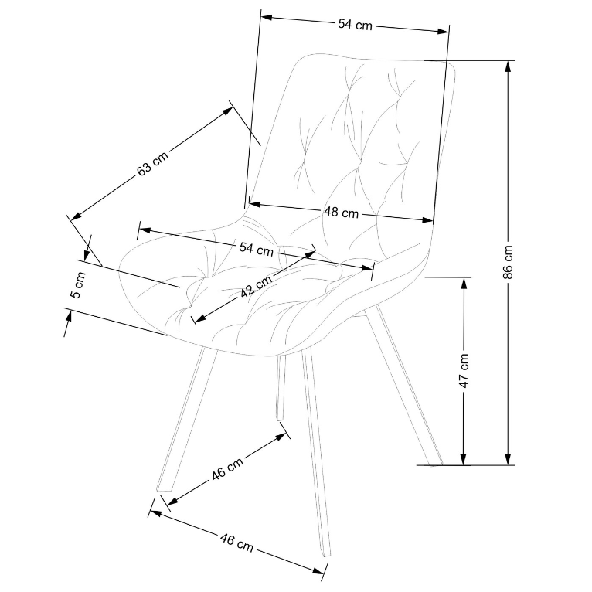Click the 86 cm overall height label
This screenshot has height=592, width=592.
click(x=509, y=262)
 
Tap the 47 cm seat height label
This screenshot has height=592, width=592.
click(x=464, y=371)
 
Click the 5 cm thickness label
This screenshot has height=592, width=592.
click(x=79, y=285)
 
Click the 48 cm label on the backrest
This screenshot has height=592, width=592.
click(x=341, y=213)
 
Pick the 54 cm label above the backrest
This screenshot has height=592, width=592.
click(x=355, y=25)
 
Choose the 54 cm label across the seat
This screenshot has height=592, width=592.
click(x=256, y=249)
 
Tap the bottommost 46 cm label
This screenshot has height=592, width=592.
click(x=236, y=543)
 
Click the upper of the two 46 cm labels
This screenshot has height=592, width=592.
click(x=227, y=469)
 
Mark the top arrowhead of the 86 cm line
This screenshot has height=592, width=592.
click(x=509, y=66)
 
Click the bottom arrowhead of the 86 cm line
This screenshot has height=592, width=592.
click(x=509, y=459)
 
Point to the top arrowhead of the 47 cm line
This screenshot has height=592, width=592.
click(x=464, y=283)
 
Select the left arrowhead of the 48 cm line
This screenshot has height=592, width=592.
click(x=255, y=204)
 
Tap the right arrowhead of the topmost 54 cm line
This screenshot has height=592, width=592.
click(x=444, y=32)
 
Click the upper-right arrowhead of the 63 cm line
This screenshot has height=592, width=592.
click(x=228, y=111)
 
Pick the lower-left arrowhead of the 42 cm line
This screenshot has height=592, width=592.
click(x=199, y=318)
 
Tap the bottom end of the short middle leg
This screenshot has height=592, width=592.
click(x=280, y=419)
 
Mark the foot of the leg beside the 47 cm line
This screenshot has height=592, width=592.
click(x=435, y=464)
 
